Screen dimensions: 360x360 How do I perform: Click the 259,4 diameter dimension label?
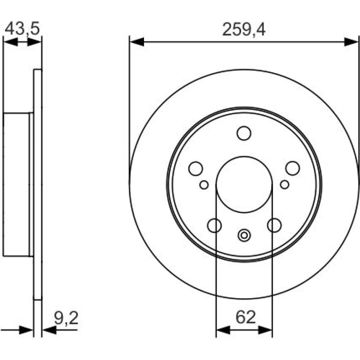click(x=244, y=30)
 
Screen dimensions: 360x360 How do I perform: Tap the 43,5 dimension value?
click(x=22, y=28)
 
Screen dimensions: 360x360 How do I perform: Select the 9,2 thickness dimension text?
click(x=66, y=318)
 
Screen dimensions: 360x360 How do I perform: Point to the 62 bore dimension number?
click(x=246, y=317)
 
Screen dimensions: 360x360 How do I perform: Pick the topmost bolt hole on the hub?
click(x=244, y=133)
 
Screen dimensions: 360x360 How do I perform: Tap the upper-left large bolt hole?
click(x=195, y=168)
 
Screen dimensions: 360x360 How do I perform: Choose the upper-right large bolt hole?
click(x=292, y=168)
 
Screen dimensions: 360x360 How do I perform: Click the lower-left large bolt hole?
click(x=214, y=225)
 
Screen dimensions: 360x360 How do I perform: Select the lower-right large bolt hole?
click(x=274, y=225)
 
